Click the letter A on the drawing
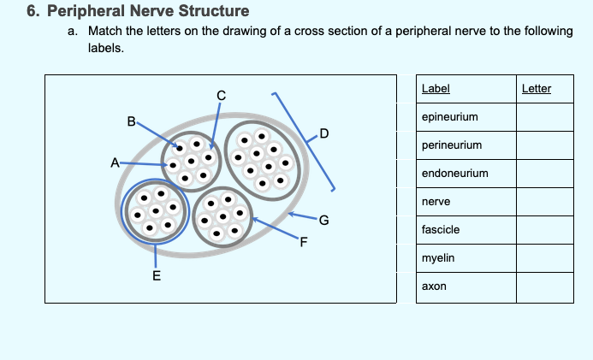pyautogui.click(x=115, y=162)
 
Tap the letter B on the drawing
pyautogui.click(x=131, y=121)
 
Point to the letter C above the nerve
pyautogui.click(x=222, y=96)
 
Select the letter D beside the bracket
pyautogui.click(x=324, y=133)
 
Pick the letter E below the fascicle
pyautogui.click(x=157, y=275)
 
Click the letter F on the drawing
pyautogui.click(x=303, y=242)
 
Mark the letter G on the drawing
pyautogui.click(x=323, y=220)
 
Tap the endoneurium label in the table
pyautogui.click(x=455, y=174)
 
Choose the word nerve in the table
pyautogui.click(x=436, y=202)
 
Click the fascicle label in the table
pyautogui.click(x=441, y=230)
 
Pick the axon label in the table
pyautogui.click(x=434, y=286)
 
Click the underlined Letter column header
pyautogui.click(x=537, y=89)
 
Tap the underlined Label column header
pyautogui.click(x=436, y=89)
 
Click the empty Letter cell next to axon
pyautogui.click(x=545, y=287)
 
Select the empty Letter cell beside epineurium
pyautogui.click(x=545, y=117)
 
